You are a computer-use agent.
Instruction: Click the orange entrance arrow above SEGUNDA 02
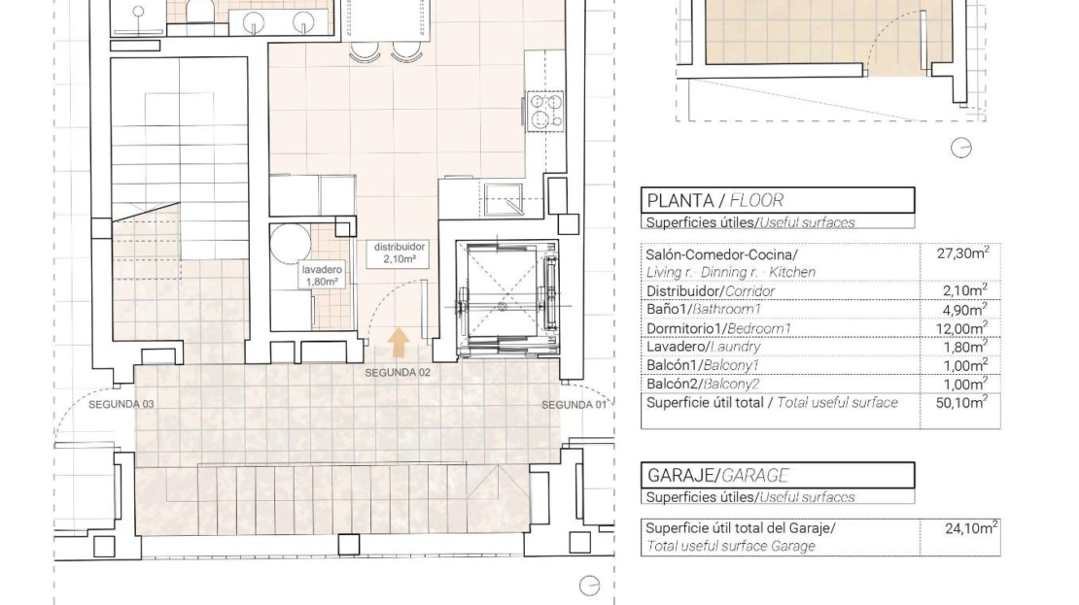399,343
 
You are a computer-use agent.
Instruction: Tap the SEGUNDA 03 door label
122,404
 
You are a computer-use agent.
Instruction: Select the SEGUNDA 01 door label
574,405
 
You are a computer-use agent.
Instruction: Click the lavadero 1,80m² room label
322,276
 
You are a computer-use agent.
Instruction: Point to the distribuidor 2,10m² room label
400,253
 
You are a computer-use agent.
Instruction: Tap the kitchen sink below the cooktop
503,199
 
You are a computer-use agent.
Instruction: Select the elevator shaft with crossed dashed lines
507,299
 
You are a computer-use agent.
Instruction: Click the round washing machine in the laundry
290,242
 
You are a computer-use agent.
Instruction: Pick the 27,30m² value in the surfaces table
962,253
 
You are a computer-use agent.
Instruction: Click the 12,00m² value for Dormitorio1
961,328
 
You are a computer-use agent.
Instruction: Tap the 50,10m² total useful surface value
961,402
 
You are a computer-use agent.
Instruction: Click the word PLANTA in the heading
680,201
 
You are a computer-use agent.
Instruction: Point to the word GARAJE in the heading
679,476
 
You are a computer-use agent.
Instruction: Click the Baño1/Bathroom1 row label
703,310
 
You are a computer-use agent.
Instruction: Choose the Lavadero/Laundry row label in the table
703,348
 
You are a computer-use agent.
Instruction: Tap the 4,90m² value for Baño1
964,310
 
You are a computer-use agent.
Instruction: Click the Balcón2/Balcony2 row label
703,385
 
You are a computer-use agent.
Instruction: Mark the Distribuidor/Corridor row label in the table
711,291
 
